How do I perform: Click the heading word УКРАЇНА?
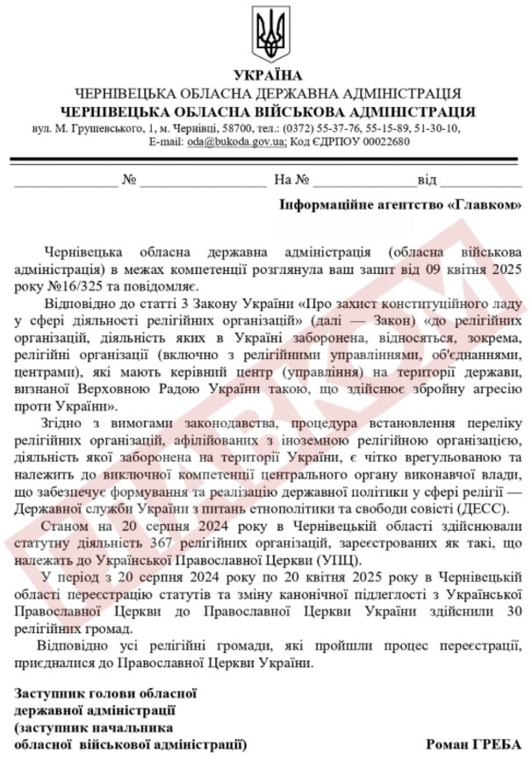pos(267,75)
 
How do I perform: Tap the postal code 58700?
pos(235,129)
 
